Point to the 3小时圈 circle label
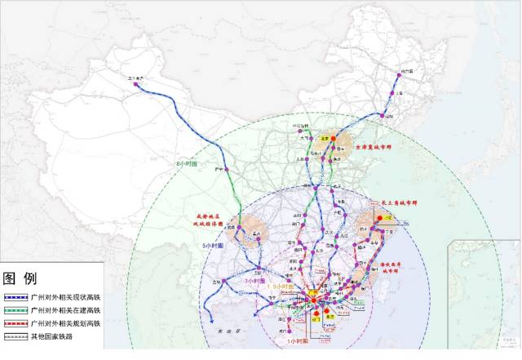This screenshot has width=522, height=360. [x=254, y=280]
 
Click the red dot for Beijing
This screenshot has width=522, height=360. [x=333, y=140]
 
